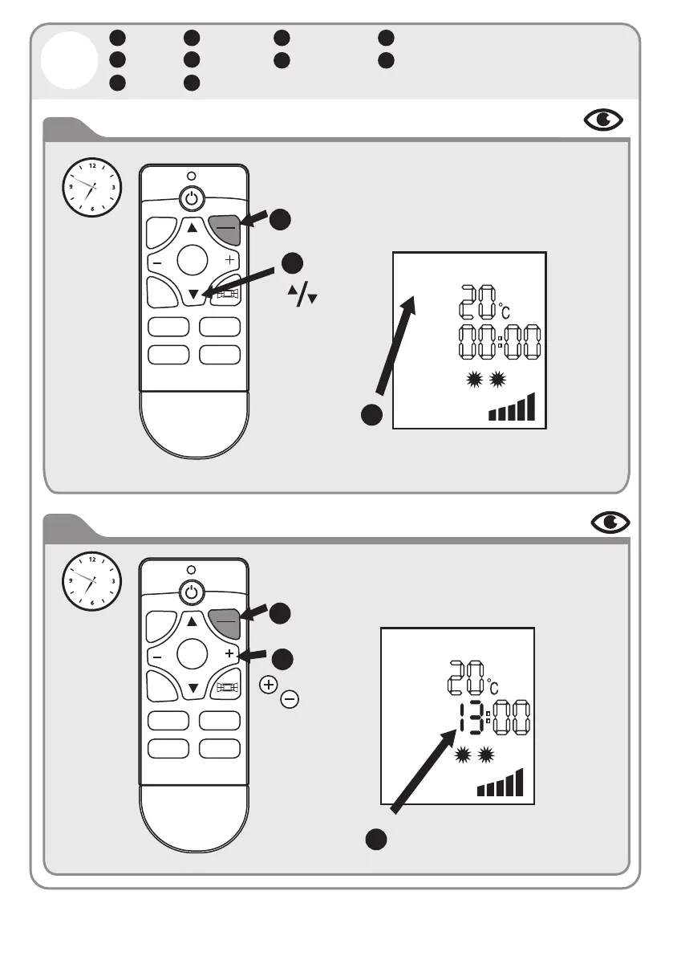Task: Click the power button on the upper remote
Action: point(190,197)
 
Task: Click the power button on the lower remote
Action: point(190,593)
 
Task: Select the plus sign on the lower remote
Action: point(230,654)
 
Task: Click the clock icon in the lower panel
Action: point(92,580)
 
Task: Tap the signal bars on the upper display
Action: point(511,409)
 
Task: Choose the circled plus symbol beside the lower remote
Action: point(268,685)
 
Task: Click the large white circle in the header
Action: point(68,62)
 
